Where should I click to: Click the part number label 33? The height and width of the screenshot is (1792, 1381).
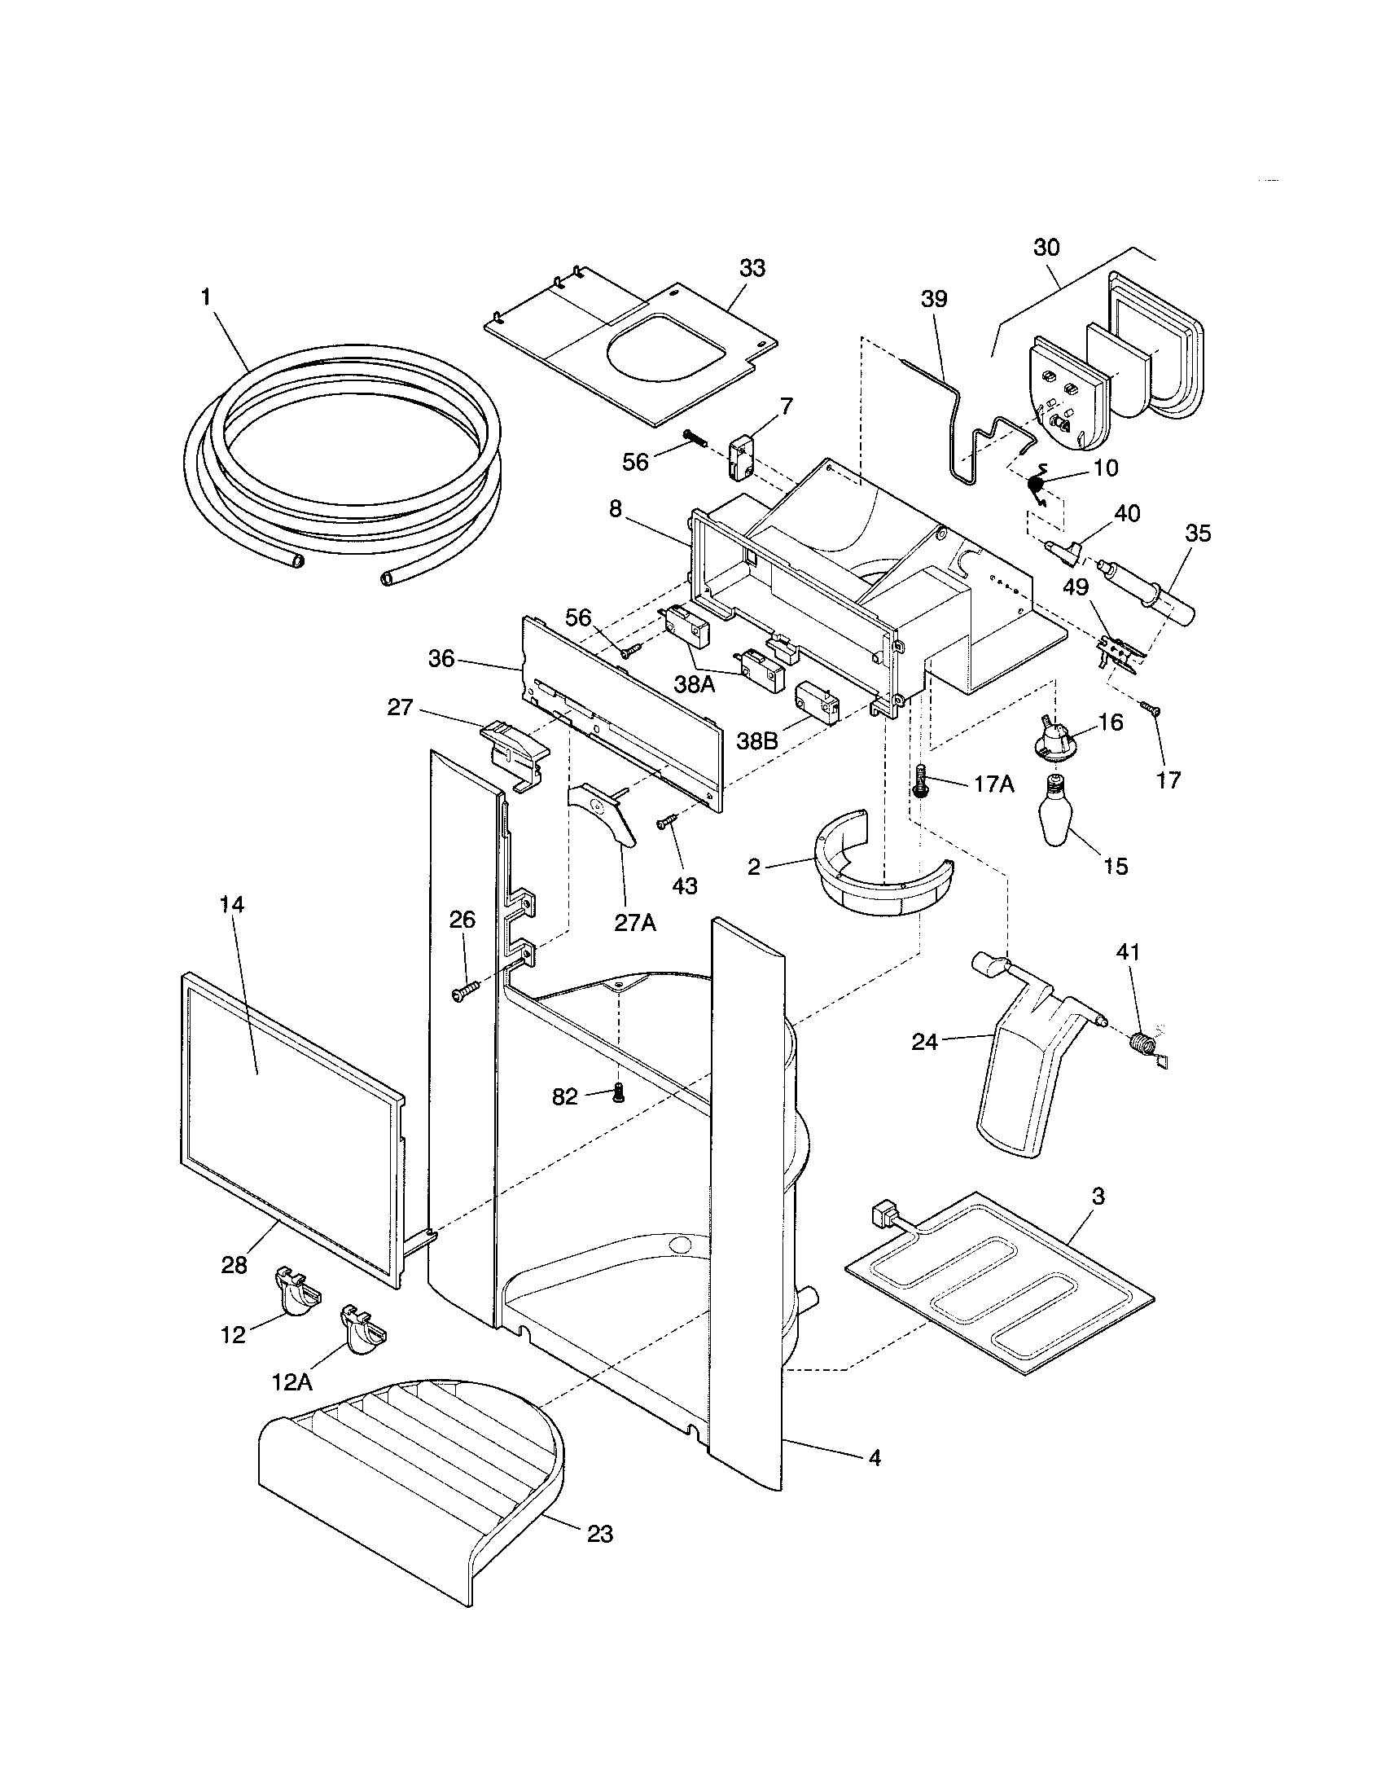(x=752, y=267)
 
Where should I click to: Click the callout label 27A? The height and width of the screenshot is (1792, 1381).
(x=636, y=922)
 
